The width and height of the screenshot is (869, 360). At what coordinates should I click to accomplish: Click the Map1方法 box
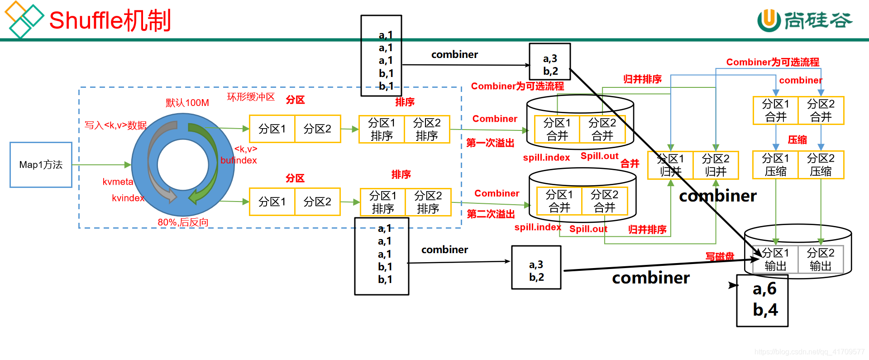coord(41,165)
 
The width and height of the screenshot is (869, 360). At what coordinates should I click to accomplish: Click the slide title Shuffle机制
coord(110,21)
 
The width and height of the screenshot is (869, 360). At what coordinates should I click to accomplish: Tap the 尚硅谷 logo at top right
coord(805,20)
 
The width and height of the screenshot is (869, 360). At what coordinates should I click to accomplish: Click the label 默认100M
coord(187,103)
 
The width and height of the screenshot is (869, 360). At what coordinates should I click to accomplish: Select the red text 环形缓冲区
coord(251,97)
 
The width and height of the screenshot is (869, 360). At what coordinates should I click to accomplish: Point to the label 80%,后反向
coord(183,222)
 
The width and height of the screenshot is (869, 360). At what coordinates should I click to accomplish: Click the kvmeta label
coord(118,182)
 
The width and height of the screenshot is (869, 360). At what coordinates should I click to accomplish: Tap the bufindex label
coord(239,160)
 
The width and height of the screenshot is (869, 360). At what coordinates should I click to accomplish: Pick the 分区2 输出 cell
coord(820,259)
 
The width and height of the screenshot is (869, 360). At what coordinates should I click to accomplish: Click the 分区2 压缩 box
coord(821,165)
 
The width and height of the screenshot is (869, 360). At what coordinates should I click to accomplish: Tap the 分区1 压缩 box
coord(775,165)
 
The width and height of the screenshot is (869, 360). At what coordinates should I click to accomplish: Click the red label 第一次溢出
coord(490,143)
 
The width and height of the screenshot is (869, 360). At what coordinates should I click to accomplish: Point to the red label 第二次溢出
coord(491,214)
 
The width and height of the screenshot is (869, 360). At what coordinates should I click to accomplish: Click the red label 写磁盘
coord(720,256)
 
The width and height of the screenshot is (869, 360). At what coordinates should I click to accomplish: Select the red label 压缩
coord(797,139)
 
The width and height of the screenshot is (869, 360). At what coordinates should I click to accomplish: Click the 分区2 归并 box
coord(716,165)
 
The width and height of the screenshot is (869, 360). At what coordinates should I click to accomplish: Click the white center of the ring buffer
coord(183,165)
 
